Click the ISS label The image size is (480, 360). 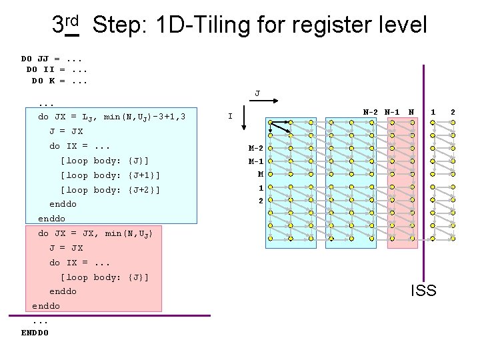[423, 290]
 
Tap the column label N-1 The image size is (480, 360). [392, 112]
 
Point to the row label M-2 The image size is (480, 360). [256, 148]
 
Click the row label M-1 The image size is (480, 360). [256, 161]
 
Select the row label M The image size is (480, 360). [261, 174]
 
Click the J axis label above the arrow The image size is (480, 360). [257, 93]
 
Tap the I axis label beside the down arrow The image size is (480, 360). [230, 117]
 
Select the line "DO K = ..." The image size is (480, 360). [60, 81]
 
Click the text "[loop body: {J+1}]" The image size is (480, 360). [110, 175]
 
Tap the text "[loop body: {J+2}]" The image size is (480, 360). [110, 190]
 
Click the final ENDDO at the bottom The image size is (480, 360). [35, 332]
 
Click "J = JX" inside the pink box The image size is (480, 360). [66, 248]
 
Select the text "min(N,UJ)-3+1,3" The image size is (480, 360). [145, 117]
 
